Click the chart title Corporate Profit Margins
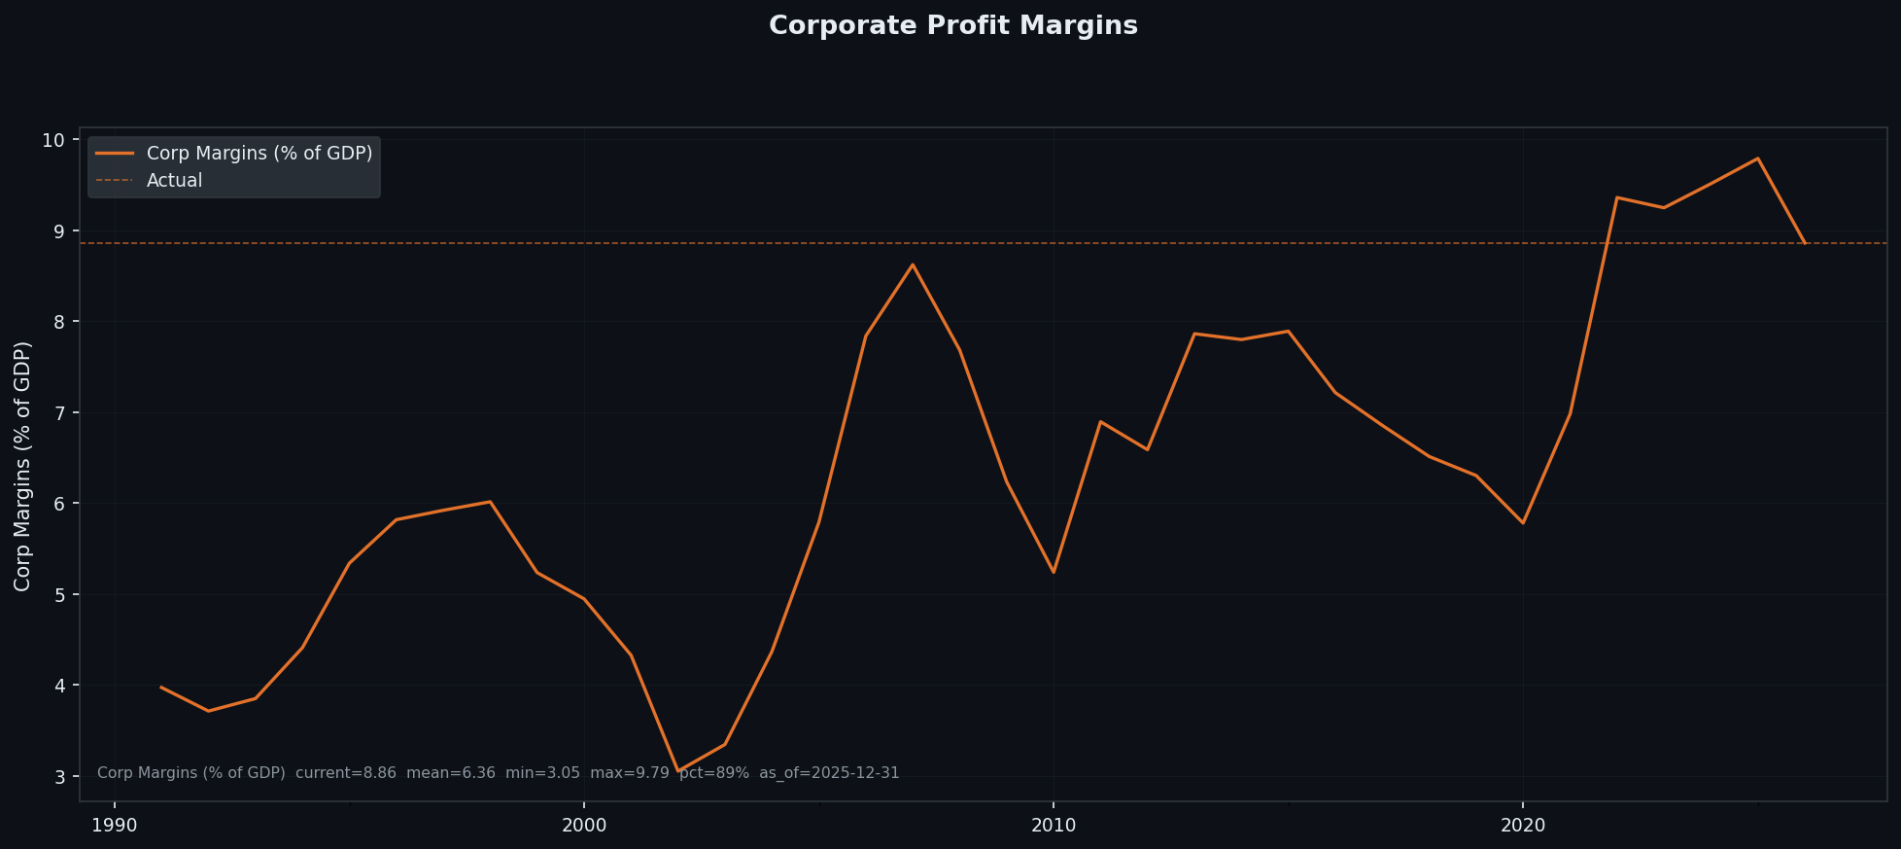coord(952,26)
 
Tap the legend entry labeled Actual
coord(174,181)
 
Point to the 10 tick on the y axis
coord(53,140)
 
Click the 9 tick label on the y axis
coord(58,231)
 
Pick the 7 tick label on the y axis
coord(58,413)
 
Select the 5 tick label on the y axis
coord(58,595)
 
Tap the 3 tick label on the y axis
coord(58,777)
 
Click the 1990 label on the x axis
coord(115,826)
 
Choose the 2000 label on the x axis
coord(583,826)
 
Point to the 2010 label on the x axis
coord(1053,826)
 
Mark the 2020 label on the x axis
coord(1522,826)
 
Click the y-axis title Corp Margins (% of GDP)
coord(23,466)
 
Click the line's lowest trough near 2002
coord(677,771)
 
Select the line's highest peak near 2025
coord(1757,159)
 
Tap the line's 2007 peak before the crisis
coord(912,265)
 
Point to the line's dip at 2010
coord(1053,572)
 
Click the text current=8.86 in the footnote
coord(345,773)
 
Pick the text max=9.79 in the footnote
coord(629,773)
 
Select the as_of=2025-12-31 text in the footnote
coord(829,773)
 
